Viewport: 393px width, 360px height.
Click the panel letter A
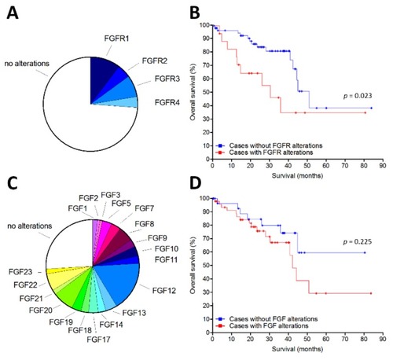[x=13, y=13]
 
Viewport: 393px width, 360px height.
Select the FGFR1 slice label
[x=116, y=39]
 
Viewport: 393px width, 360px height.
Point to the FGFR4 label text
[x=167, y=102]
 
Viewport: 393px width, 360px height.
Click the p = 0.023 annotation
[x=358, y=96]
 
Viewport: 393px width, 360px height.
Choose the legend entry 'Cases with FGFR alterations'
[x=271, y=152]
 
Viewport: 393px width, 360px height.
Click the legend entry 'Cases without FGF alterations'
[x=274, y=319]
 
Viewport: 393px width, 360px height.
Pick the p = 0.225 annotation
[x=358, y=241]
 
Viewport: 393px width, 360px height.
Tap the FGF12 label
[x=164, y=291]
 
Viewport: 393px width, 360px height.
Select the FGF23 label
[x=20, y=272]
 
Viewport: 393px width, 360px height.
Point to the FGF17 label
[x=98, y=340]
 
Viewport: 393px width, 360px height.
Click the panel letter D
[x=196, y=184]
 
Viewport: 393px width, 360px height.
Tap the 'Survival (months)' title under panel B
[x=297, y=175]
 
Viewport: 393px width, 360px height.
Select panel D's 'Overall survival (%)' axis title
[x=193, y=265]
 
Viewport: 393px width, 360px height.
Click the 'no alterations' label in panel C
[x=30, y=226]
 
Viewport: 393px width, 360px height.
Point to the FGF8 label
[x=145, y=224]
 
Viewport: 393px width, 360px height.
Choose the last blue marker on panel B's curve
[x=371, y=108]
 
